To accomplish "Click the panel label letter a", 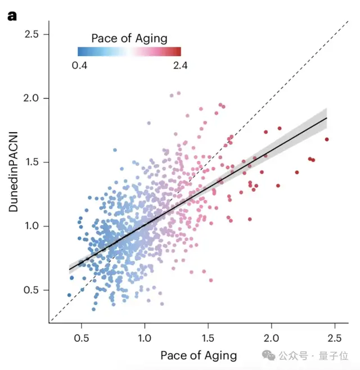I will click(12, 16).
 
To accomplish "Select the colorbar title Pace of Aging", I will click(129, 38).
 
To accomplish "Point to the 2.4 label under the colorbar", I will click(181, 65).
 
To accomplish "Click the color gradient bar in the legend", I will click(129, 52).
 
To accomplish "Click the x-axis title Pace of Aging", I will click(199, 355).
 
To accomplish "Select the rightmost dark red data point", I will click(327, 139).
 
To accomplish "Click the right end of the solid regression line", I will click(326, 118).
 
